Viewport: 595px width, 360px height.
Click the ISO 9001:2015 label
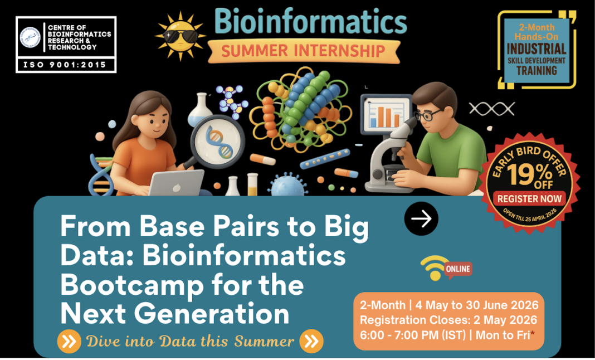(x=66, y=65)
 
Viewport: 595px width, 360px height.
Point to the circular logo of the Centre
(x=31, y=37)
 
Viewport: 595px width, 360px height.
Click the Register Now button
(x=529, y=198)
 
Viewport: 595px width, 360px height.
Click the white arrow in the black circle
(x=421, y=218)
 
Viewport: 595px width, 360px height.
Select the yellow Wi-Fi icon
(x=433, y=267)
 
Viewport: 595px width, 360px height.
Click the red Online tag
(x=458, y=269)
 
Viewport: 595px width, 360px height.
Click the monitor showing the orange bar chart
(x=385, y=114)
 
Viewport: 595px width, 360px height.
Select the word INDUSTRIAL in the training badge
(x=537, y=49)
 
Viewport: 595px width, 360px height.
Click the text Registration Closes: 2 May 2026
(x=448, y=320)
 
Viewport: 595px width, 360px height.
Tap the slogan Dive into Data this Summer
(x=189, y=341)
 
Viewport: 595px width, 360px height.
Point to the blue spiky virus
(x=289, y=184)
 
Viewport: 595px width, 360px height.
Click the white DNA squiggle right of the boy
(x=484, y=109)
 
